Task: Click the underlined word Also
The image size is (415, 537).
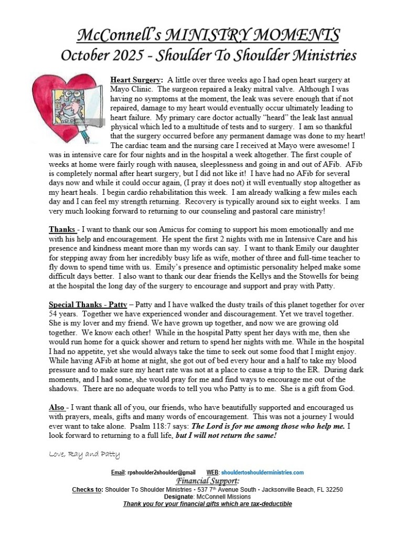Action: coord(57,408)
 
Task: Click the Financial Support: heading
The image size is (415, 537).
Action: coord(207,481)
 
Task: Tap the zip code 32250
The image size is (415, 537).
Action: coord(333,489)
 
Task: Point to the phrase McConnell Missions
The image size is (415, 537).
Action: coord(224,497)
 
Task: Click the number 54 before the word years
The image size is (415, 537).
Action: coord(55,314)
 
